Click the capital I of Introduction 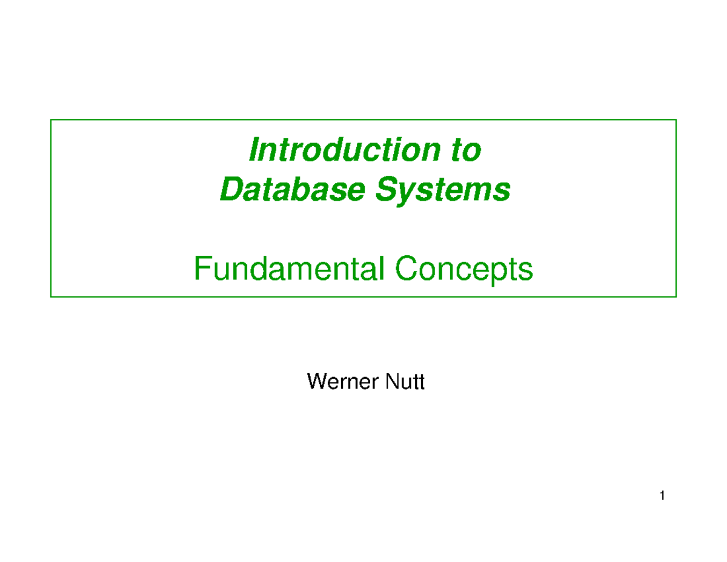(x=254, y=150)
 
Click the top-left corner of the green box (x=51, y=120)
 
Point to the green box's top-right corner (x=676, y=120)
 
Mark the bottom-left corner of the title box (x=51, y=296)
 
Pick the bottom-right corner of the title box (x=676, y=296)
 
